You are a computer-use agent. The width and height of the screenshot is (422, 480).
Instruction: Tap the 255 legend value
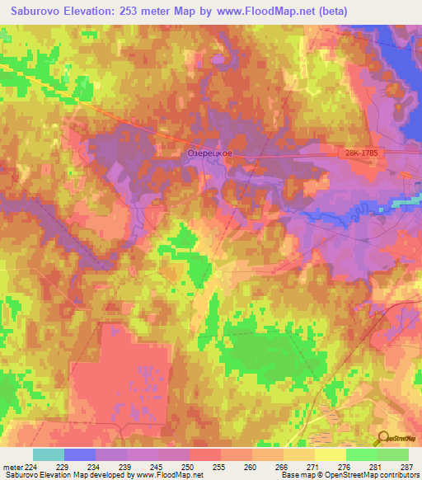(219, 466)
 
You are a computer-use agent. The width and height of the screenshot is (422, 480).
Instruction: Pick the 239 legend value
(125, 466)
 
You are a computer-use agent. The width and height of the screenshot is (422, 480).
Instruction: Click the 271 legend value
(314, 466)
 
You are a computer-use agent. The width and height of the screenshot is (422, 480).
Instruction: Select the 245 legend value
(157, 466)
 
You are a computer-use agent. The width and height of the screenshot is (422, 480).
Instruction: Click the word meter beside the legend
(12, 466)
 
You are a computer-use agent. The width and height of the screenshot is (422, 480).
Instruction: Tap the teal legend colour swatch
(49, 454)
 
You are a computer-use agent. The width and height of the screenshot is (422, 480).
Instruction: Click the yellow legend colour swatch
(331, 454)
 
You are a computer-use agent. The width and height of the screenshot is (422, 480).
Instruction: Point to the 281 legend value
(377, 466)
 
